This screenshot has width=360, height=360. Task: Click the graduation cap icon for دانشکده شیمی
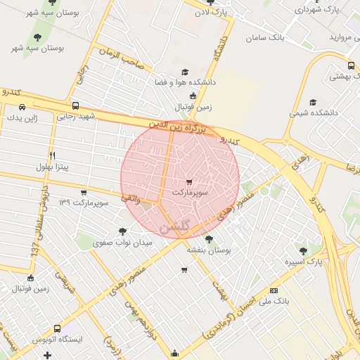(x=313, y=102)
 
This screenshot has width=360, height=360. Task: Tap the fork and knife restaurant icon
(x=52, y=155)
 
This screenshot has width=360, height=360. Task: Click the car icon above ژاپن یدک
(x=22, y=107)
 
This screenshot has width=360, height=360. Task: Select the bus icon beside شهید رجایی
(x=75, y=105)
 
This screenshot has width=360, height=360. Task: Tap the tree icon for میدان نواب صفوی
(x=124, y=231)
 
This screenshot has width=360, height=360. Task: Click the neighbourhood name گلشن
(x=176, y=227)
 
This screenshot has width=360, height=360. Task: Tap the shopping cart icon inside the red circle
(x=188, y=181)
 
